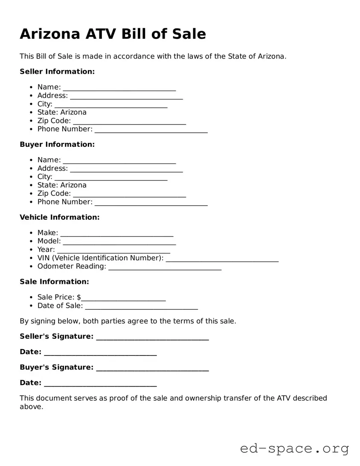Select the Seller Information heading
(57, 72)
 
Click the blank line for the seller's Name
(119, 88)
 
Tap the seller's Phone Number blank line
(151, 130)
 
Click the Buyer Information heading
(57, 145)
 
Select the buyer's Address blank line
(126, 169)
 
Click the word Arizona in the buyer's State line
(73, 185)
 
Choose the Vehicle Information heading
(60, 218)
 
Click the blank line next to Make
(117, 233)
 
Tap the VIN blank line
(222, 259)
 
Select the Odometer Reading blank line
(165, 267)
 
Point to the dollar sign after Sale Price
(79, 297)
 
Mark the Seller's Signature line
(153, 338)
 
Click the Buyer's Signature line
(153, 368)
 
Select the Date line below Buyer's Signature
(100, 384)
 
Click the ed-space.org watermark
(294, 449)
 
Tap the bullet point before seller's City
(32, 105)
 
